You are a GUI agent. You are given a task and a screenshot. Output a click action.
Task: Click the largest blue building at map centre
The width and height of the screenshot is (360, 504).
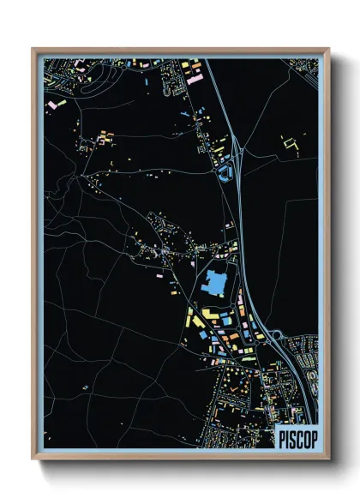click(x=214, y=281)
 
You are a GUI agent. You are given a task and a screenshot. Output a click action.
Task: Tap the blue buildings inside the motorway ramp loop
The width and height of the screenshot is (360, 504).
click(x=226, y=175)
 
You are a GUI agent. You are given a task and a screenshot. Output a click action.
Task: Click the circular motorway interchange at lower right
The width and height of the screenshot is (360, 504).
click(x=276, y=337)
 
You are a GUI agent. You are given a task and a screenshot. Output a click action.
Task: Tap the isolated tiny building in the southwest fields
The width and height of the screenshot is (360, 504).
click(x=86, y=387)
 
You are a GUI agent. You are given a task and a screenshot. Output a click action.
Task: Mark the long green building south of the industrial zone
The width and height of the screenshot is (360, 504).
click(x=249, y=359)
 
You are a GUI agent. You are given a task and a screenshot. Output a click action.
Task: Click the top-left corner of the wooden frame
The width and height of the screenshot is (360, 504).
click(x=33, y=49)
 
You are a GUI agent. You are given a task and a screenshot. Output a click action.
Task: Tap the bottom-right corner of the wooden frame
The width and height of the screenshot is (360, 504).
click(x=330, y=459)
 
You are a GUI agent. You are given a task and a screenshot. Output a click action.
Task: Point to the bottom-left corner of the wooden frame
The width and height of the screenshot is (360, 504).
click(x=33, y=459)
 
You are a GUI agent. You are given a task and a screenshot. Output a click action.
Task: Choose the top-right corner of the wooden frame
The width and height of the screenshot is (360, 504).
click(x=330, y=49)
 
